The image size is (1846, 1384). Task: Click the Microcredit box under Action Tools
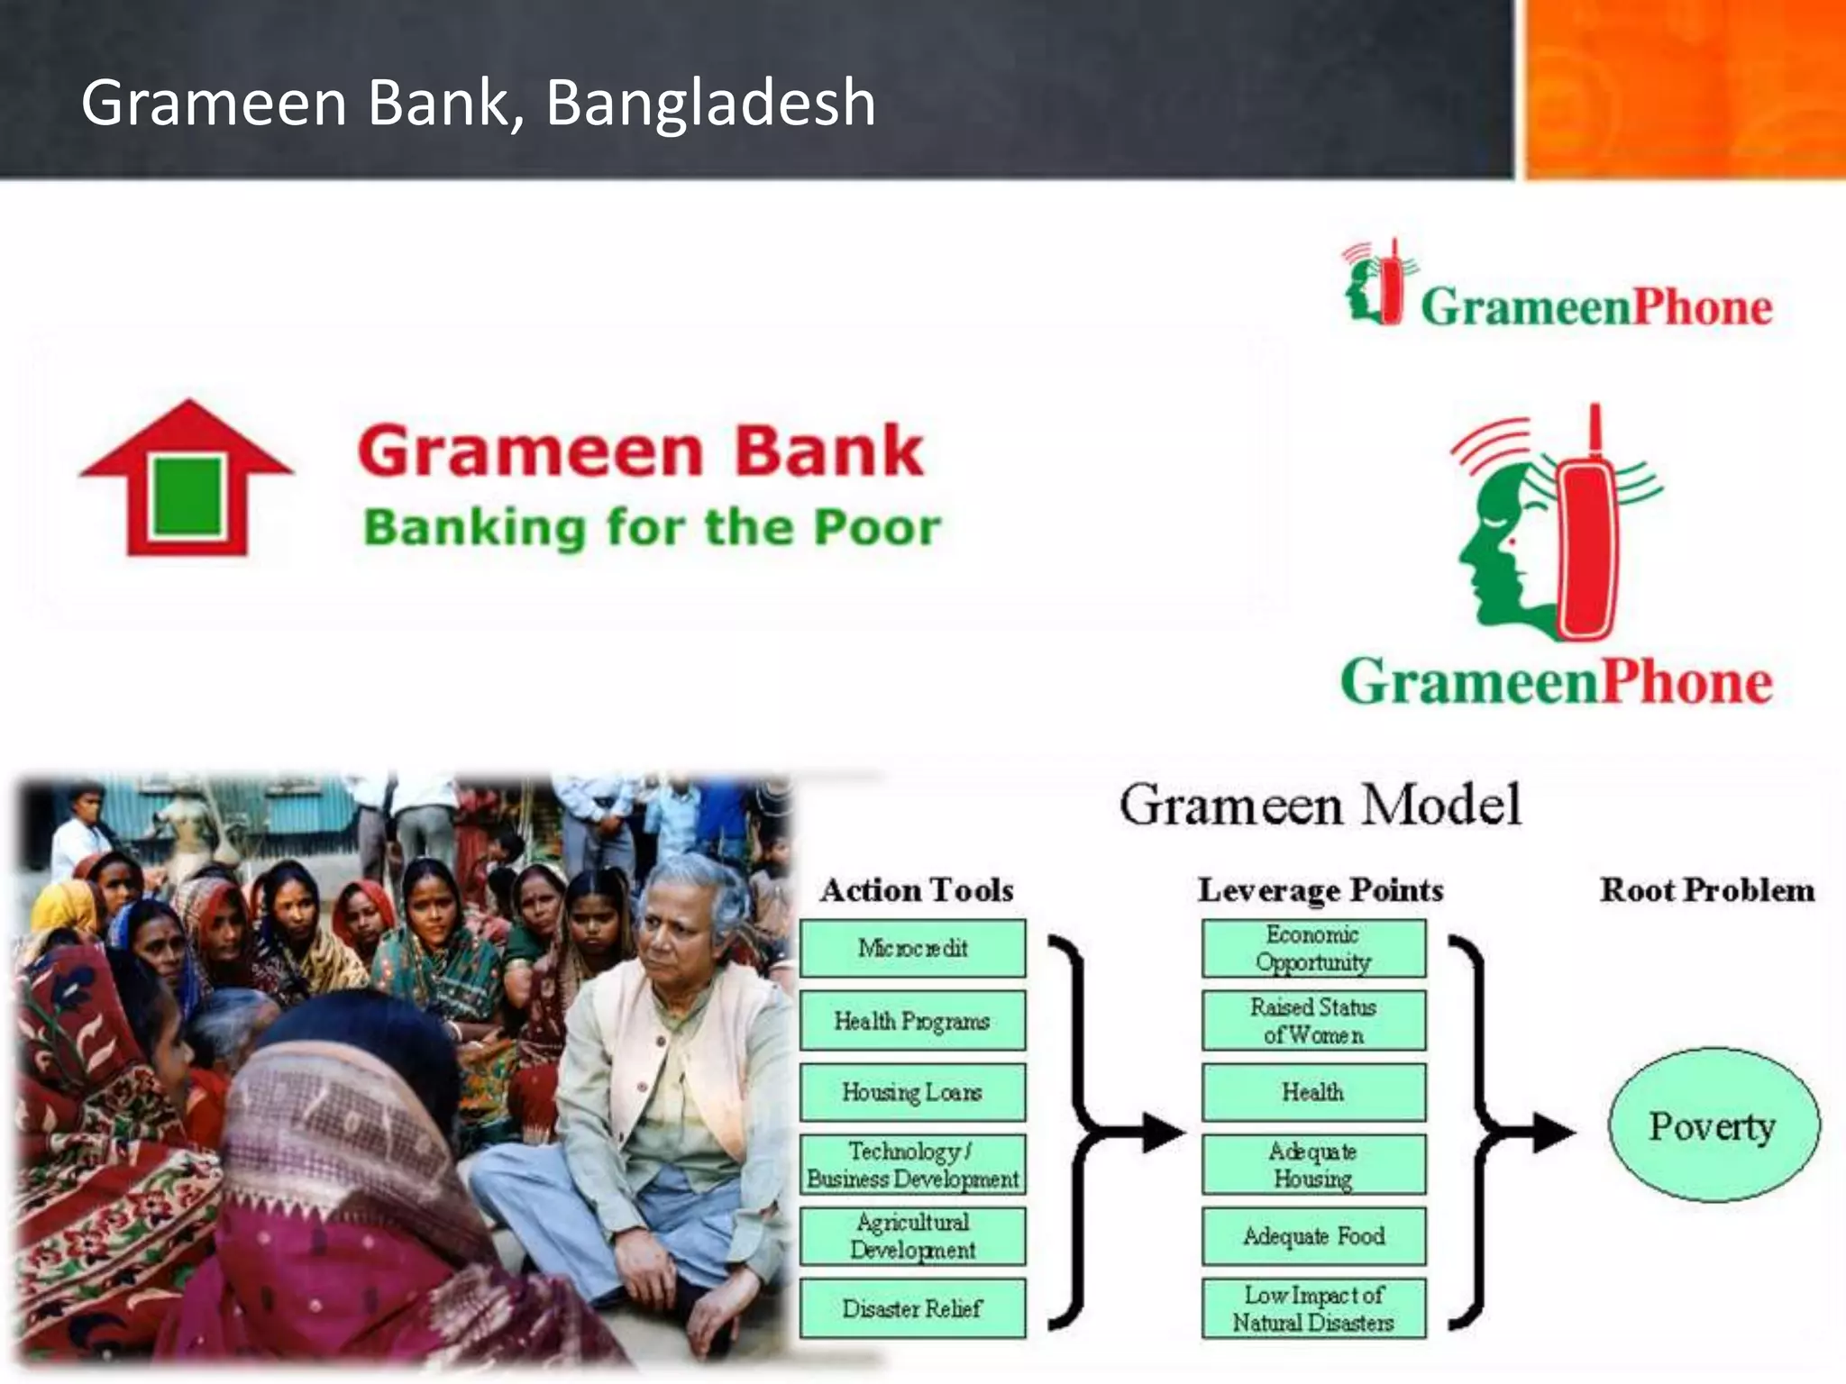click(x=912, y=948)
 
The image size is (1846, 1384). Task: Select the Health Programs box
click(x=912, y=1021)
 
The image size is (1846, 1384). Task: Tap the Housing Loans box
click(x=912, y=1092)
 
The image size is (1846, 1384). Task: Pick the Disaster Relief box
click(x=912, y=1308)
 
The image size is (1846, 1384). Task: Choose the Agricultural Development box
click(x=912, y=1236)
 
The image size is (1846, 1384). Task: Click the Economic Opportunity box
click(x=1313, y=948)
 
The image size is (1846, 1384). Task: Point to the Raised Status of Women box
click(x=1313, y=1021)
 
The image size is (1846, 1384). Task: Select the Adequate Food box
click(x=1313, y=1236)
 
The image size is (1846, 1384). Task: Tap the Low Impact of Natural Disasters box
click(x=1313, y=1308)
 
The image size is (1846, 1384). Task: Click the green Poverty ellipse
click(x=1713, y=1125)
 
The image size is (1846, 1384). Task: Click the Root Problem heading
click(x=1706, y=890)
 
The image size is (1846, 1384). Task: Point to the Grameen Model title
click(x=1320, y=805)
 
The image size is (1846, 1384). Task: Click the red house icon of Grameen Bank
click(x=187, y=478)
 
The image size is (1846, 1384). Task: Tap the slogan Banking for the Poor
click(x=651, y=527)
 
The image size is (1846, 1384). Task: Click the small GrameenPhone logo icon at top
click(x=1375, y=283)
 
